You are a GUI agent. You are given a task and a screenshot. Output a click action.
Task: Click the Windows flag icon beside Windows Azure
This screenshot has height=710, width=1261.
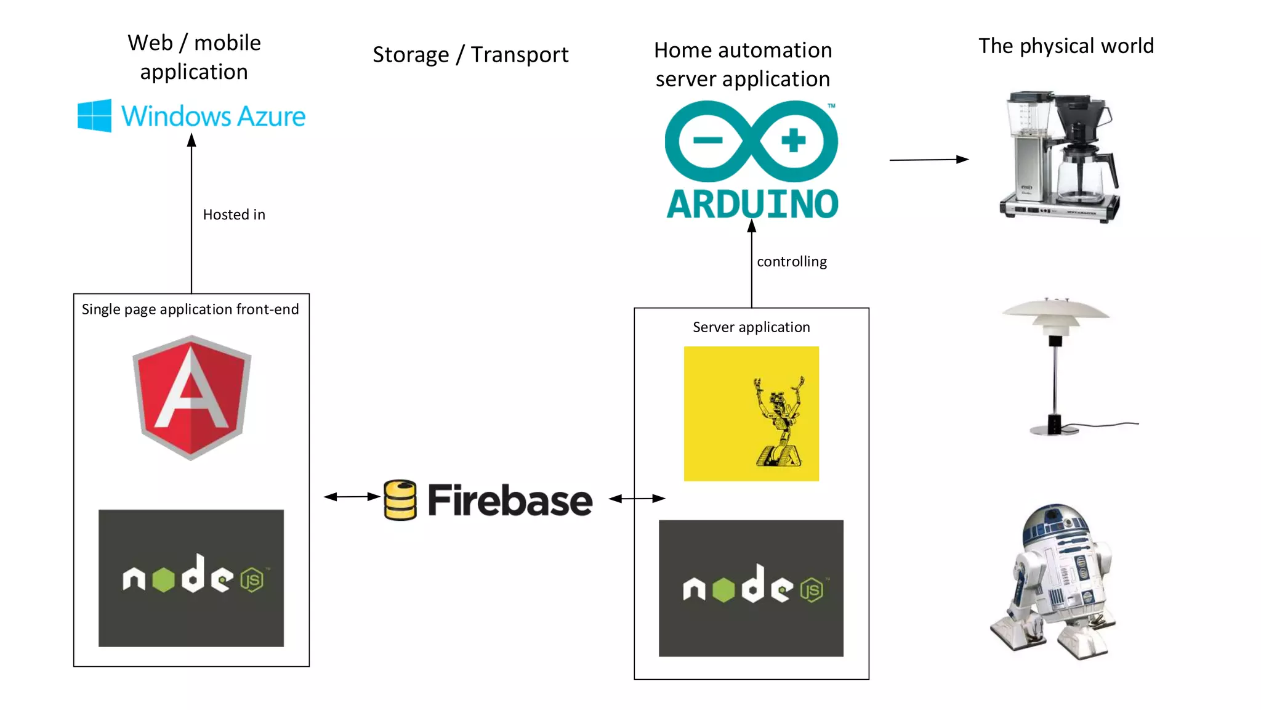point(95,115)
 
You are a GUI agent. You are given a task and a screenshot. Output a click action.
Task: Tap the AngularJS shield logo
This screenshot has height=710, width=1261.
point(191,398)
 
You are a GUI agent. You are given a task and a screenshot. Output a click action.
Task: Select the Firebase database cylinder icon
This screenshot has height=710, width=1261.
point(400,500)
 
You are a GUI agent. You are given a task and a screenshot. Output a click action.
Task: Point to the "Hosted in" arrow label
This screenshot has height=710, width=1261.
point(234,214)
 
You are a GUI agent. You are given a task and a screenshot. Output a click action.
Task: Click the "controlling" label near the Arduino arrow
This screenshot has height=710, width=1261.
point(792,261)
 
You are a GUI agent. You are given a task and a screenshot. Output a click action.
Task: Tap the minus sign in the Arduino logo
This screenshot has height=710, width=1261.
point(707,141)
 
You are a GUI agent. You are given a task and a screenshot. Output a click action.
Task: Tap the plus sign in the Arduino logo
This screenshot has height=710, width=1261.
point(793,140)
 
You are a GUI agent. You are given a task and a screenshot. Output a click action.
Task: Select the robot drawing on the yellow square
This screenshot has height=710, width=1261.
point(779,422)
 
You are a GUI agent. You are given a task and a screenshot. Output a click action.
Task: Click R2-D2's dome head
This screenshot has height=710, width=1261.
point(1055,523)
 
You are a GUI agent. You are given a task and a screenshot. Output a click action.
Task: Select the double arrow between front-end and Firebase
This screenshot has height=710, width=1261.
point(352,496)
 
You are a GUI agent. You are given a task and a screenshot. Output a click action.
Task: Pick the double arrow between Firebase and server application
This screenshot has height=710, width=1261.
point(637,498)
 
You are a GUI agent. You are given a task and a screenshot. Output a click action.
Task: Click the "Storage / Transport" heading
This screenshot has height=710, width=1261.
point(470,54)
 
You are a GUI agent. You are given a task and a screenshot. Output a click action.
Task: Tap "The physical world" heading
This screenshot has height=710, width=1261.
point(1066,46)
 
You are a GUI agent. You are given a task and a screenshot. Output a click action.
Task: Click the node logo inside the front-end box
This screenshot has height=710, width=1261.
point(191,577)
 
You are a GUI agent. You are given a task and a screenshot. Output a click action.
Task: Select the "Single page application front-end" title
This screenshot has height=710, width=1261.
point(190,309)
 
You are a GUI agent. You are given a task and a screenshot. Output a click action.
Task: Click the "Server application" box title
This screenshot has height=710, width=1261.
point(751,327)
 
